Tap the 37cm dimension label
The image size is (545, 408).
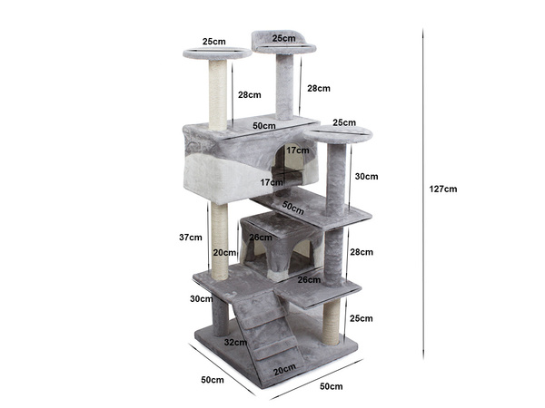click(x=190, y=238)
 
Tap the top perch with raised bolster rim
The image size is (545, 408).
click(x=285, y=44)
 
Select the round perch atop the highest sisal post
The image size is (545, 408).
click(x=217, y=53)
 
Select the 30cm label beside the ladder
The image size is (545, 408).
click(x=201, y=298)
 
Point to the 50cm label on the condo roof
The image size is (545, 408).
click(x=264, y=125)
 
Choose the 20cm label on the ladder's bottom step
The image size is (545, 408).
click(x=284, y=369)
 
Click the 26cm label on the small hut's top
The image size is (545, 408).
click(x=260, y=238)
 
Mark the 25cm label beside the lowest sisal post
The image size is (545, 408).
click(x=362, y=318)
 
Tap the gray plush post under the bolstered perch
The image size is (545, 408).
click(x=284, y=86)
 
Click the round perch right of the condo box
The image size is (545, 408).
click(x=339, y=135)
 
